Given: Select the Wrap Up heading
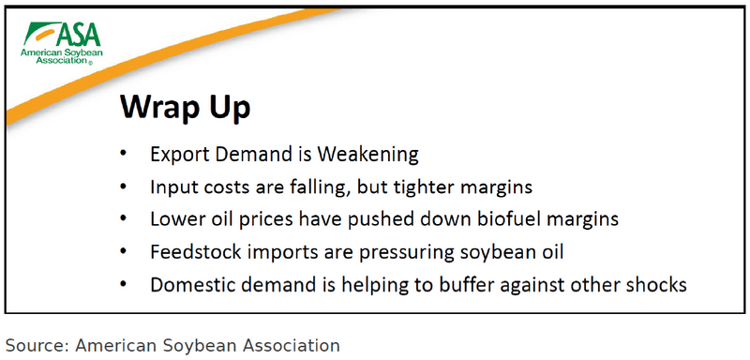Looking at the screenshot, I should coord(185,107).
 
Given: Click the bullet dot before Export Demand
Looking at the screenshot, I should coord(125,154).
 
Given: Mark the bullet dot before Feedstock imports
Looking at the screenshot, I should coord(125,252).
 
